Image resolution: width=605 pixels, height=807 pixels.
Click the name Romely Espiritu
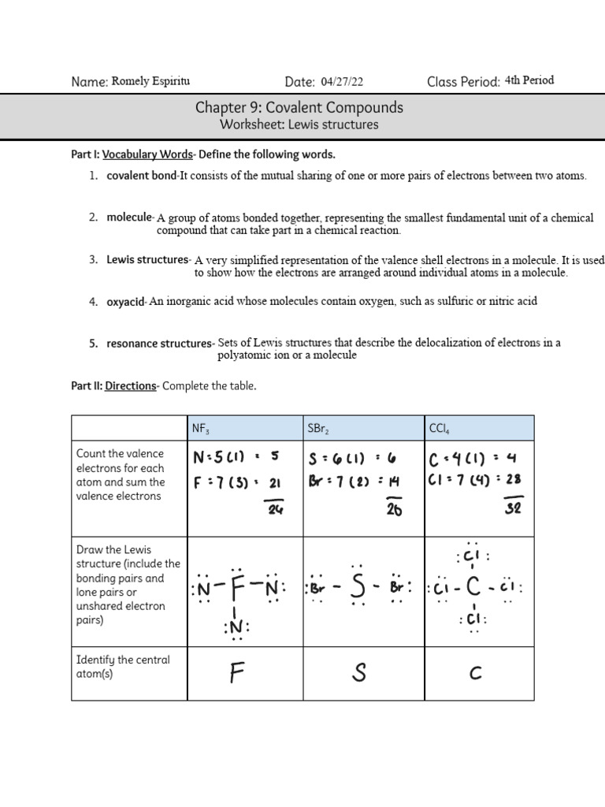click(150, 81)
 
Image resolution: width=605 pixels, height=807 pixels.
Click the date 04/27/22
click(342, 81)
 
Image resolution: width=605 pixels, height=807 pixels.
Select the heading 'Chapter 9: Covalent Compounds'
click(299, 107)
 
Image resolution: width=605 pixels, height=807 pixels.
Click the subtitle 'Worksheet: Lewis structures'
click(299, 125)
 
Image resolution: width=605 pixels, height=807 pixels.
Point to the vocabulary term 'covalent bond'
click(143, 176)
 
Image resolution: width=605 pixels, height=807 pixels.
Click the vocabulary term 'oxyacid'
click(126, 301)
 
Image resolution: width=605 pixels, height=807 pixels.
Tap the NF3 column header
click(201, 429)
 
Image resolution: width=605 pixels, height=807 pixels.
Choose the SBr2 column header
click(319, 429)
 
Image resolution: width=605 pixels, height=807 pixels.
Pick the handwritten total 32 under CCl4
click(513, 509)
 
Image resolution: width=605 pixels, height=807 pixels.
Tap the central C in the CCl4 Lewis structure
click(473, 588)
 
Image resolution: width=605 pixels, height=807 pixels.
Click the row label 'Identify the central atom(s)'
click(122, 667)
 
